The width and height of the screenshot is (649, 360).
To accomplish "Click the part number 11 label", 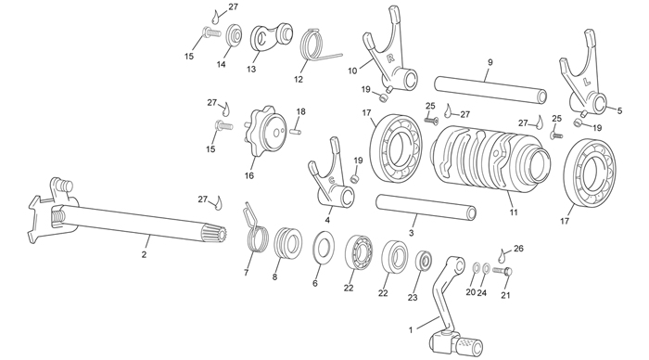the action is (514, 212).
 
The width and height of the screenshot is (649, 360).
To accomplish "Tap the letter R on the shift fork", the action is (390, 58).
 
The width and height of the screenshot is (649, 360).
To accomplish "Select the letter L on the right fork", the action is (587, 82).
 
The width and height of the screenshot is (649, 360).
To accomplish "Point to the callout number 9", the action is (490, 62).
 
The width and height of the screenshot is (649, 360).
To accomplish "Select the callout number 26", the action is (518, 248).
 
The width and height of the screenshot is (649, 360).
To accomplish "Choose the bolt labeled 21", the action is (503, 271).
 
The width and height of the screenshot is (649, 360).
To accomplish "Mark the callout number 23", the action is (413, 298).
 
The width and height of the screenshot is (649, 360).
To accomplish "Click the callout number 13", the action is (251, 70).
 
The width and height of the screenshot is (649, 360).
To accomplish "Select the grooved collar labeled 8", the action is (288, 242).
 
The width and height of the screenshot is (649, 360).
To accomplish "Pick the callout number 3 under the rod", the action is (411, 233).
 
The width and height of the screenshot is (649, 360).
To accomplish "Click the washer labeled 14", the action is (235, 36).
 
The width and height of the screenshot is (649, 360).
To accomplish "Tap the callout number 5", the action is (619, 110).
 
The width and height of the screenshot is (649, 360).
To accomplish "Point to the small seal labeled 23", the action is (425, 261).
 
